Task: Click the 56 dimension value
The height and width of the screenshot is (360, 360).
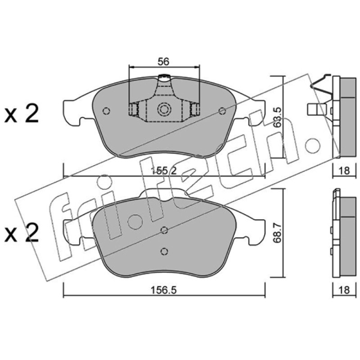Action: [163, 62]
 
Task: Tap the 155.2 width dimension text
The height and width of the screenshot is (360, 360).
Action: [164, 171]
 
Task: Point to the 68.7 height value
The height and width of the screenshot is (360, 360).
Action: [278, 233]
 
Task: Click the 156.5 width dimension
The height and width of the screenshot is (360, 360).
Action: [163, 290]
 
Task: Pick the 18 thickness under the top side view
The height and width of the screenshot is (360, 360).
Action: [344, 171]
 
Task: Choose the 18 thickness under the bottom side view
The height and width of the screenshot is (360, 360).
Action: [344, 290]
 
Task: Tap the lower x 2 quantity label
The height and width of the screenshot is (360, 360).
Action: [21, 233]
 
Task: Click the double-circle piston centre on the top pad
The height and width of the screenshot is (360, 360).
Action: [164, 109]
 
